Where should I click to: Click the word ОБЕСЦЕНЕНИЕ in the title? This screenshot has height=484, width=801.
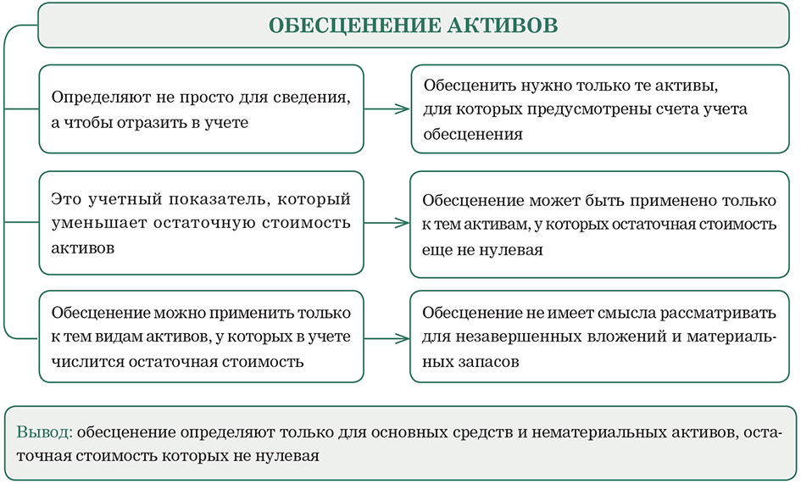tap(354, 25)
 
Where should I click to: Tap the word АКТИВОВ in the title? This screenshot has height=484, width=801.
tap(503, 25)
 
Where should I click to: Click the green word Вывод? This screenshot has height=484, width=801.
tap(44, 432)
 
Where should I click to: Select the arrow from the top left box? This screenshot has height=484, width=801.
tap(387, 108)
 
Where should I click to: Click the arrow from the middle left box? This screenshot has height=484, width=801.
tap(387, 223)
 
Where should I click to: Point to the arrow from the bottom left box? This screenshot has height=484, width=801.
tap(387, 338)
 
